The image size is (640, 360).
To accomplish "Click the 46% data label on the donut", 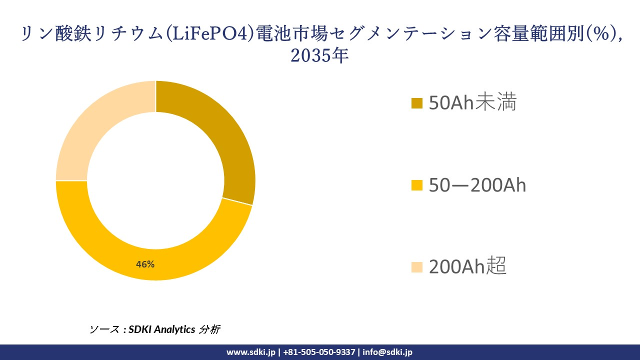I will coord(145,264).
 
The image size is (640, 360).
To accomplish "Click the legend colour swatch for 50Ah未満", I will coord(417,103).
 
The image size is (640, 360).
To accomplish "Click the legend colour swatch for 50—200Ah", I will coord(417,185).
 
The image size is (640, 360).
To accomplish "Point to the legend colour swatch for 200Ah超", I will coord(417,267).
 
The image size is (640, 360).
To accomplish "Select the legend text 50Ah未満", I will coord(472,102).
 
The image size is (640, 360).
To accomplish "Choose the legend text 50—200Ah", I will coord(477,185).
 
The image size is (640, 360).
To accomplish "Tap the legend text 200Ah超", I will coord(467,267).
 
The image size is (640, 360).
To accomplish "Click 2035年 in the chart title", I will coord(319,55).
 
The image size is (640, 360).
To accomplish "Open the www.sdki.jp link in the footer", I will coord(250,352).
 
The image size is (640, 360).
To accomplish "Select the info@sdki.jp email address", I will coord(387,352).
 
